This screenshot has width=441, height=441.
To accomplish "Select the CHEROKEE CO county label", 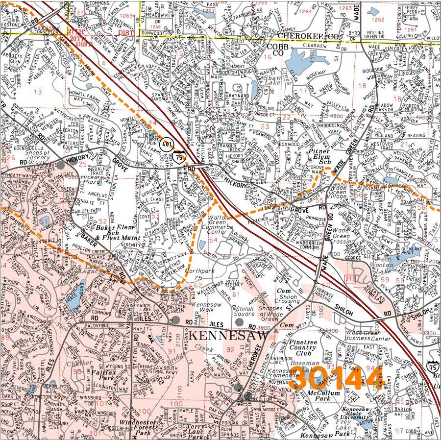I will click(302, 36).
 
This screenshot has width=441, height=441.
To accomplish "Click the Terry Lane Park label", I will click(198, 430).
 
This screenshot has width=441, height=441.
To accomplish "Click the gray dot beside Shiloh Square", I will click(239, 322).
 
